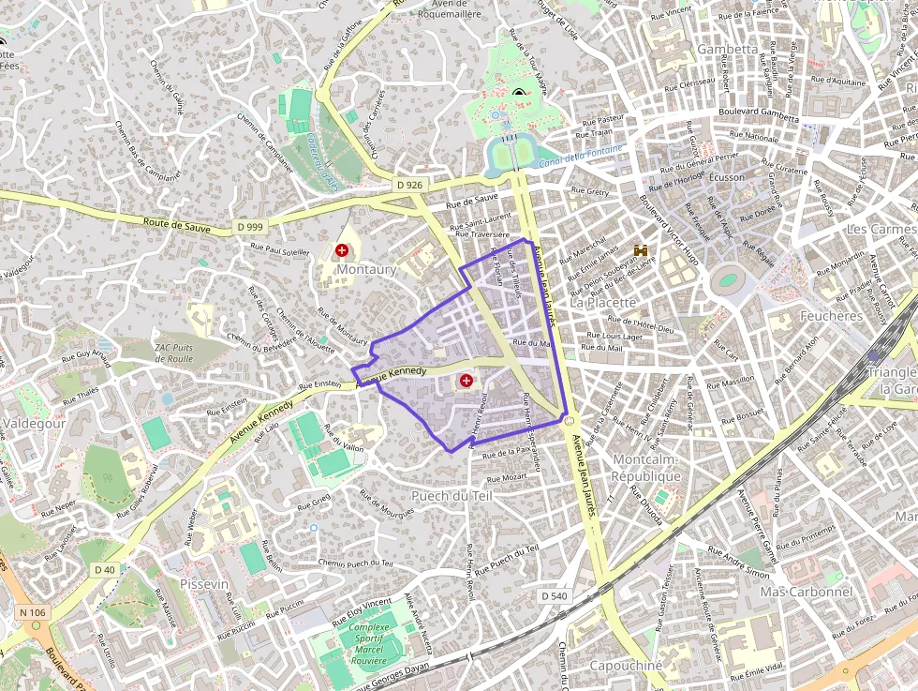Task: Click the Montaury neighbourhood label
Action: tap(366, 269)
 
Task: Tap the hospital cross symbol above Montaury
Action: tap(342, 250)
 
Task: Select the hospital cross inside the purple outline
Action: tap(466, 381)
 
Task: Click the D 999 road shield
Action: tap(250, 227)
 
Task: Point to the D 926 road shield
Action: tap(409, 185)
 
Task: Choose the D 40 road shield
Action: tap(105, 569)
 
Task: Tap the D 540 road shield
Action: tap(554, 595)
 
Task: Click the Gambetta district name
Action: tap(727, 49)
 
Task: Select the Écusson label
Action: tap(727, 176)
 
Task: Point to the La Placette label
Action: tap(602, 302)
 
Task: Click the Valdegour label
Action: tap(35, 424)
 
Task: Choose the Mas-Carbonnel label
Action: tap(806, 592)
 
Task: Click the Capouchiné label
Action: tap(626, 665)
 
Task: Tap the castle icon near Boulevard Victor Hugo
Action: tap(642, 250)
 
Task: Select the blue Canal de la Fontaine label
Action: tap(582, 158)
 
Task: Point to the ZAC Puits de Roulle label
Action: tap(173, 352)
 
